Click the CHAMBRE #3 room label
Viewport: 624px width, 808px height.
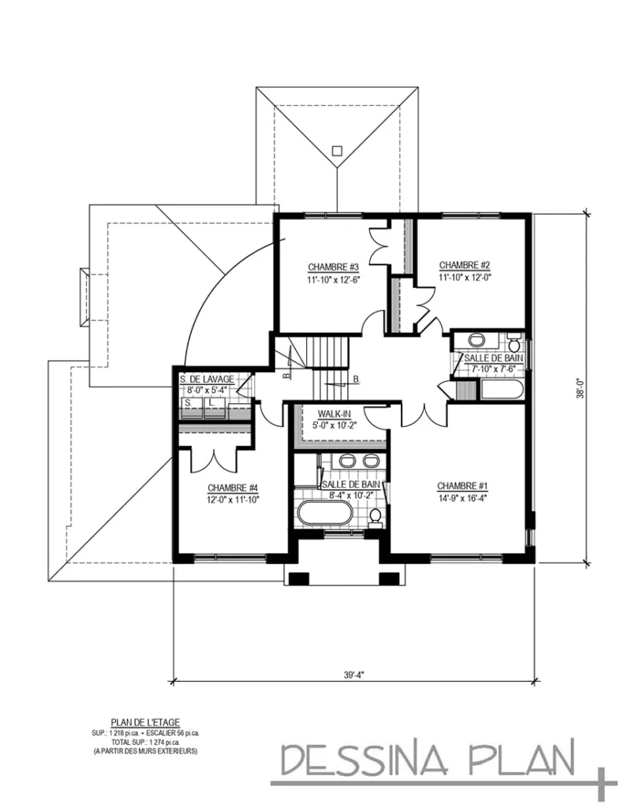333,267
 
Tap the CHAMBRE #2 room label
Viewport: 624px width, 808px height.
465,265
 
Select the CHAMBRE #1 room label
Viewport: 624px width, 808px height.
462,486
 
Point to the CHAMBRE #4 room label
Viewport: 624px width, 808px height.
233,488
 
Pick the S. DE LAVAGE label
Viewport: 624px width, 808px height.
207,380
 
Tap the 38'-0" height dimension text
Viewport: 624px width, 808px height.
581,389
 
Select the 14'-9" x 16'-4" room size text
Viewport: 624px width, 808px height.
462,499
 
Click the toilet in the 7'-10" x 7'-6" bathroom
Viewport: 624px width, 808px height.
514,342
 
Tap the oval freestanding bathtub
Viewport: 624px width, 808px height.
326,513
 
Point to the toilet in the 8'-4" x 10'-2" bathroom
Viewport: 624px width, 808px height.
376,518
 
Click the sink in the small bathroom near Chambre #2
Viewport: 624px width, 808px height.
477,340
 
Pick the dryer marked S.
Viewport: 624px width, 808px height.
191,407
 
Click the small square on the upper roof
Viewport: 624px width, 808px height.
337,151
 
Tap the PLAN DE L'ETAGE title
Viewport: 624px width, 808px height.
145,723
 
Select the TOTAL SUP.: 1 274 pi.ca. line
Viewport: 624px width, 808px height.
145,743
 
